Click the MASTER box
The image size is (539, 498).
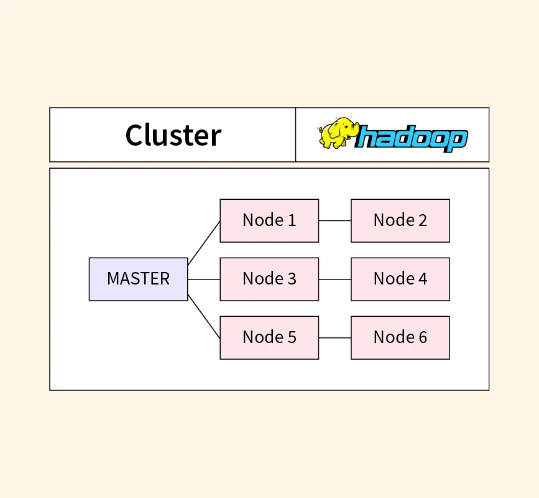tap(138, 279)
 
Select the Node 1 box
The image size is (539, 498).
tap(269, 220)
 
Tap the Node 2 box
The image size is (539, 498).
tap(400, 220)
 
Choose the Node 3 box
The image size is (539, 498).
tap(269, 279)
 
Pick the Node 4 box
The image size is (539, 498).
tap(400, 279)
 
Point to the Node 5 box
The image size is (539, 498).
tap(269, 337)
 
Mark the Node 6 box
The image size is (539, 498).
tap(400, 337)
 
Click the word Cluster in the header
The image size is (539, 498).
tap(173, 135)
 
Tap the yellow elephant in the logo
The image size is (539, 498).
tap(338, 132)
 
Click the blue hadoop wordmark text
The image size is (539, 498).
tap(413, 138)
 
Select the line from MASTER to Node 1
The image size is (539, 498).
tap(204, 243)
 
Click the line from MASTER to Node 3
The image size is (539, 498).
tap(204, 280)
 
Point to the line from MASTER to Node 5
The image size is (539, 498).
tap(204, 316)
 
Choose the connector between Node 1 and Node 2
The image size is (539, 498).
tap(334, 220)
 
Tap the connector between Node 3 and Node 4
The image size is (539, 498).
tap(334, 280)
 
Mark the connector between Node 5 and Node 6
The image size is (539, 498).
tap(334, 338)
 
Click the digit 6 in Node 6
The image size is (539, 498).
tap(423, 337)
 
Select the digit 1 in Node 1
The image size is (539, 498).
tap(292, 220)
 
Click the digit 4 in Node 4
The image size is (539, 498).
tap(423, 279)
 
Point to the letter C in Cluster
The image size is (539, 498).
tap(135, 135)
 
